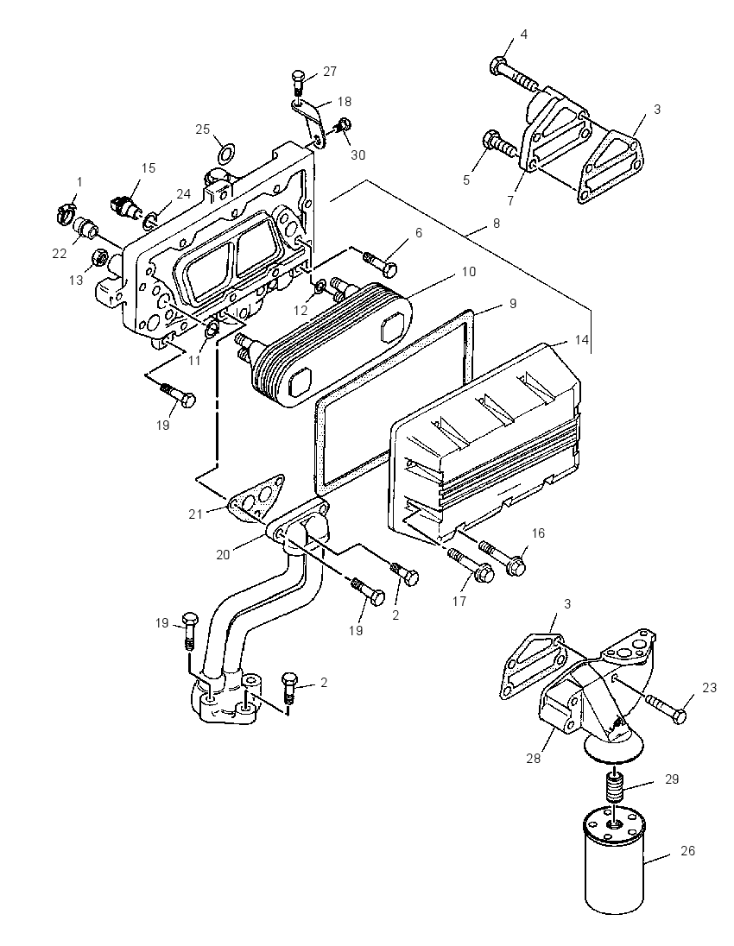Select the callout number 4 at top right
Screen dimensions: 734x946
point(524,35)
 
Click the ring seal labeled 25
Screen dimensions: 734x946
point(225,154)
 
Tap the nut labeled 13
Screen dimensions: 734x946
point(99,258)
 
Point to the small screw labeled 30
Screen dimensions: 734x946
point(343,126)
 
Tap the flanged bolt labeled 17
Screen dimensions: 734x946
point(471,564)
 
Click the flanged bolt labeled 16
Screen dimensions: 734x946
point(503,557)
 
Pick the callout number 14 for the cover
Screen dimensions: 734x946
point(581,340)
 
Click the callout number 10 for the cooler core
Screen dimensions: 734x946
point(469,272)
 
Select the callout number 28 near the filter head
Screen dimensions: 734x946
point(533,759)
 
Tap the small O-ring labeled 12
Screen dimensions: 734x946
point(321,284)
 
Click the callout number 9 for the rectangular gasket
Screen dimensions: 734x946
point(512,304)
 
